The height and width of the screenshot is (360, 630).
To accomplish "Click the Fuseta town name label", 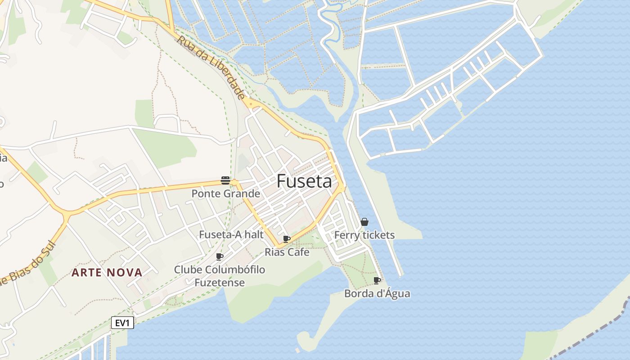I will click(304, 181).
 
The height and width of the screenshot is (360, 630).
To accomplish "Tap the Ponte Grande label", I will click(226, 194).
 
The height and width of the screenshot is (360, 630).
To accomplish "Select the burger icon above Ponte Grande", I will click(225, 180).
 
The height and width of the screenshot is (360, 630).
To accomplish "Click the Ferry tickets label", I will click(364, 235).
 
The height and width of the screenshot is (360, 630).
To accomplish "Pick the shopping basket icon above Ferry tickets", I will click(364, 222).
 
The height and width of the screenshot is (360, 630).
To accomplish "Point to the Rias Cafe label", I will click(287, 252).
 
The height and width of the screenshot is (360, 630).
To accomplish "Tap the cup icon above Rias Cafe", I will click(287, 239).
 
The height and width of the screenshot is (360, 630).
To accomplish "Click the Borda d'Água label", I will click(377, 294).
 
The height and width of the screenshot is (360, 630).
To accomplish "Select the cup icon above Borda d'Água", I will click(377, 281).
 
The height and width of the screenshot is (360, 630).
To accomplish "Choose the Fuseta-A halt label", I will click(231, 234).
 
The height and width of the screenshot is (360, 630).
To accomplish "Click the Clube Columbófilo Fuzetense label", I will click(220, 276).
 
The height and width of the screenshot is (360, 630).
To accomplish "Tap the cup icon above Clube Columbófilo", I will click(220, 257).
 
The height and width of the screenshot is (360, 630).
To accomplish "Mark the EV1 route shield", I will click(123, 323).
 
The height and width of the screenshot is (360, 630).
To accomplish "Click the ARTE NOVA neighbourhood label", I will click(107, 272).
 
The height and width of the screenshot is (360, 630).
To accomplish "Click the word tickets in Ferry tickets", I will click(378, 235).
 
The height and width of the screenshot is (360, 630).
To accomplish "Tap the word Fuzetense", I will click(220, 283).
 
